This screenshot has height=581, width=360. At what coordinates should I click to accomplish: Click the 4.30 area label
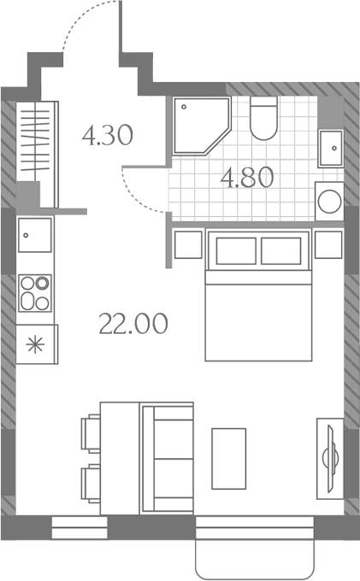[107, 135]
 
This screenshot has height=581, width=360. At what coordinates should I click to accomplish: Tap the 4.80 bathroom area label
[247, 178]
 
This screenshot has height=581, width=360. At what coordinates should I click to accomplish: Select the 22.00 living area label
[133, 324]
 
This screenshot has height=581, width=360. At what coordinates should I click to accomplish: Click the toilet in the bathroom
[263, 118]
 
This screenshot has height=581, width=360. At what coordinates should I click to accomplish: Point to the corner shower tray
[201, 126]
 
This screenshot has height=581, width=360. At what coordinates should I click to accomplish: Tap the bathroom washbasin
[331, 148]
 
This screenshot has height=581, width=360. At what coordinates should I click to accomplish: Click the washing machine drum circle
[329, 202]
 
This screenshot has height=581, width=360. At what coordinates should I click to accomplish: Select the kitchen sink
[35, 235]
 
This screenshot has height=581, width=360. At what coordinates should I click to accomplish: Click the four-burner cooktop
[35, 293]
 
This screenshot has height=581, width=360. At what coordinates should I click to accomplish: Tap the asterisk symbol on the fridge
[36, 344]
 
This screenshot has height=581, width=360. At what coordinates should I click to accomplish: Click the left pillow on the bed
[236, 251]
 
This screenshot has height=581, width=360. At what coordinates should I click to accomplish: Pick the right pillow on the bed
[280, 251]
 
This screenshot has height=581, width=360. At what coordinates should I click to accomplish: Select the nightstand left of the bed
[188, 244]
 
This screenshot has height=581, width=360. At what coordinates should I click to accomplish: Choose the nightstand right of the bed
[328, 244]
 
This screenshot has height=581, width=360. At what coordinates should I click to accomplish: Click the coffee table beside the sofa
[229, 459]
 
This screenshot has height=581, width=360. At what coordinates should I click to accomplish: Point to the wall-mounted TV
[331, 459]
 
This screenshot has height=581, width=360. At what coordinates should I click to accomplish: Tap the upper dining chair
[91, 433]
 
